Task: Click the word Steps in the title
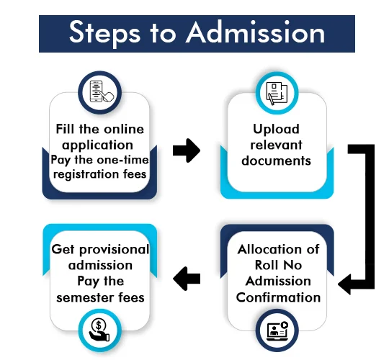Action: [105, 33]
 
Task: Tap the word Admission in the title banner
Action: [256, 32]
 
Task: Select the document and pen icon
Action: [277, 94]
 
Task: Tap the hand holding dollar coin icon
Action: [99, 330]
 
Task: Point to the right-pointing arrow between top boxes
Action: [187, 150]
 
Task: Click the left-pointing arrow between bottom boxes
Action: [187, 279]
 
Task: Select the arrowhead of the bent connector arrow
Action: [345, 284]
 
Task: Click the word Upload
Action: [276, 129]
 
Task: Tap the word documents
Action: [276, 161]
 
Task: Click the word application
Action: [97, 145]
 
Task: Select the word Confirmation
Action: [278, 297]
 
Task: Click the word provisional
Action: [115, 250]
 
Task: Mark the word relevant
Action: [276, 145]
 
